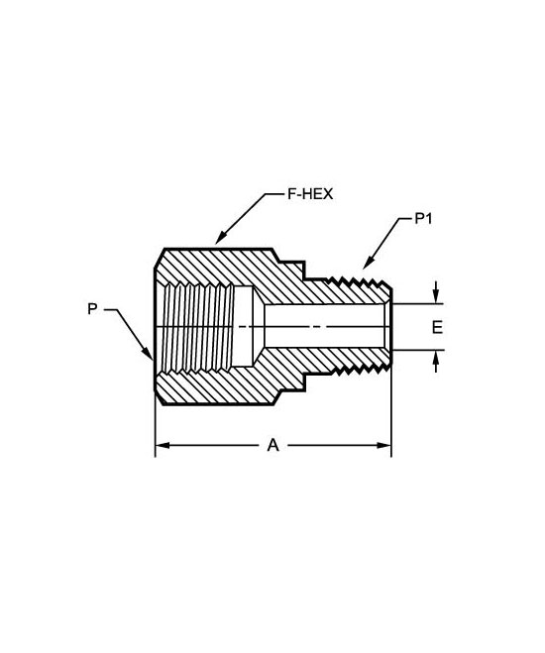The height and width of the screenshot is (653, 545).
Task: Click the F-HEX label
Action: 310,194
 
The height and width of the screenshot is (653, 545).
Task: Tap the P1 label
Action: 423,218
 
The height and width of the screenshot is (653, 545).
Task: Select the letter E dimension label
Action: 437,327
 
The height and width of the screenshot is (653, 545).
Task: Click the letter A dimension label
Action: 272,445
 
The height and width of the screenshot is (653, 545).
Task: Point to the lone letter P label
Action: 92,309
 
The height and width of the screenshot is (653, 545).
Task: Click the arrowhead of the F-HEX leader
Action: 221,238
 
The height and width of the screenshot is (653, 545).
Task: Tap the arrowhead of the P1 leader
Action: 368,264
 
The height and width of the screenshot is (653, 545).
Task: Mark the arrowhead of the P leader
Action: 148,353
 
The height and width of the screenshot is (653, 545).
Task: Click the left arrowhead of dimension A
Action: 163,445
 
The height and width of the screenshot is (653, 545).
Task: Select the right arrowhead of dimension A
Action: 383,445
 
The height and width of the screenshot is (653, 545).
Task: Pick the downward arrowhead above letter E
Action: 435,297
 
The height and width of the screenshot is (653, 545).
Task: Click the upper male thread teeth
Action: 358,280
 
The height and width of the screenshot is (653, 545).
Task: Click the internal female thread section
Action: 198,328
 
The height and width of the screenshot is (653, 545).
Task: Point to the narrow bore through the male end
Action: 326,327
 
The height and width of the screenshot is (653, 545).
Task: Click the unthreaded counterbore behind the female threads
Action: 244,327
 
